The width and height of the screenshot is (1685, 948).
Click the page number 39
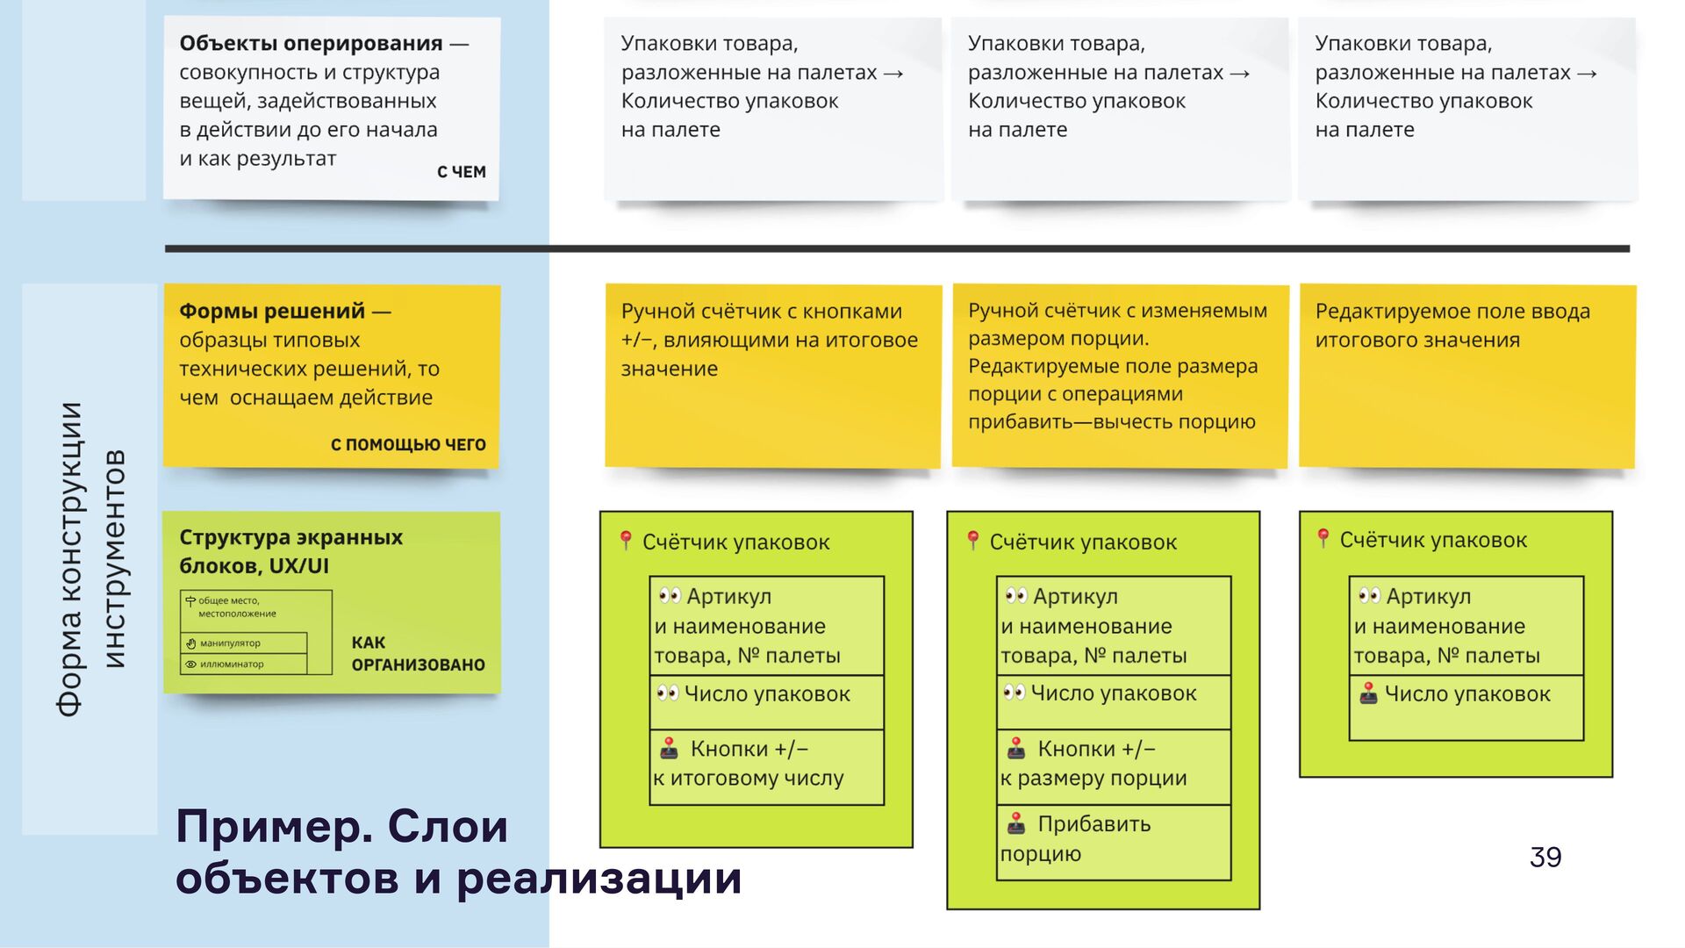coord(1545,857)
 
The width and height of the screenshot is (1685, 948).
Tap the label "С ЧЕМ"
coord(461,172)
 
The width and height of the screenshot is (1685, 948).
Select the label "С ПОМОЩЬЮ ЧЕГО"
coord(408,445)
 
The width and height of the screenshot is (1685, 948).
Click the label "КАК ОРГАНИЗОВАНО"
coord(418,654)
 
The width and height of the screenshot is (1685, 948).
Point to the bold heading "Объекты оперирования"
coord(311,43)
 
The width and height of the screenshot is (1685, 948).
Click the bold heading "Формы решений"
coord(272,311)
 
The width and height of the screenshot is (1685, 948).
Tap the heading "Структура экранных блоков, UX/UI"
coord(290,551)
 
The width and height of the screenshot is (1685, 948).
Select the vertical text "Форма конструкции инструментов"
coord(90,559)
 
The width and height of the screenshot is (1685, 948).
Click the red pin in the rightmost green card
coord(1323,537)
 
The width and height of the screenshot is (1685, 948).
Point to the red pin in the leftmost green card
coord(626,539)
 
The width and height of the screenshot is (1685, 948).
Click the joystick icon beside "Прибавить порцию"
coord(1016,823)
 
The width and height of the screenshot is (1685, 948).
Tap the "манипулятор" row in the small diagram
coord(243,643)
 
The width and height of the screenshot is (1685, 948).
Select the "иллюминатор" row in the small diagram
coord(243,664)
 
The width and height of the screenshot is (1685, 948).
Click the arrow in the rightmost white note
coord(1587,73)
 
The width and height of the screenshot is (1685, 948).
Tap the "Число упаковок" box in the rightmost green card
coord(1466,707)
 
